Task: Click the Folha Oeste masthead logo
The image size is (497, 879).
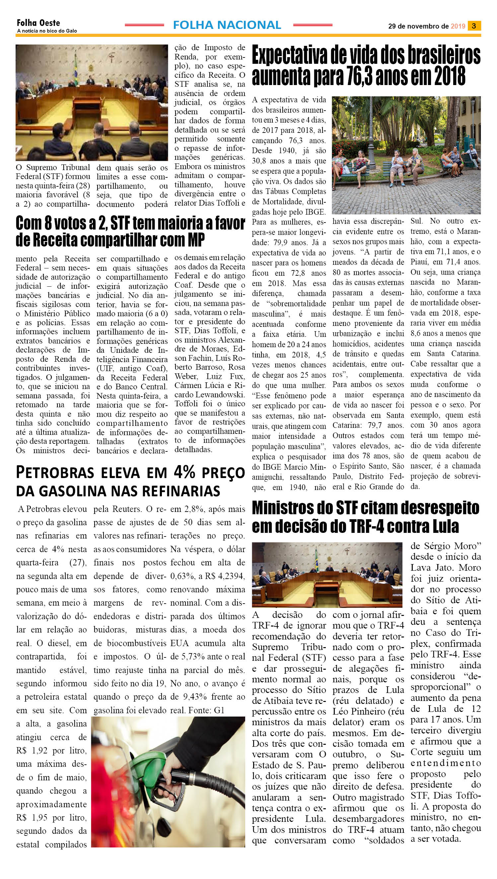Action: click(38, 23)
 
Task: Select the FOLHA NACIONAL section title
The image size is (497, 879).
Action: click(227, 25)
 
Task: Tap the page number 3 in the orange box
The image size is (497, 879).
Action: click(474, 26)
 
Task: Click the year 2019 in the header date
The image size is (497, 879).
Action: click(458, 26)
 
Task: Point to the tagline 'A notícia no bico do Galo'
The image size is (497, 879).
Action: click(47, 31)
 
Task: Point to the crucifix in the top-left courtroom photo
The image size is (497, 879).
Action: click(111, 57)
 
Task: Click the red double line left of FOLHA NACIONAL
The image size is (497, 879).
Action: click(144, 25)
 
